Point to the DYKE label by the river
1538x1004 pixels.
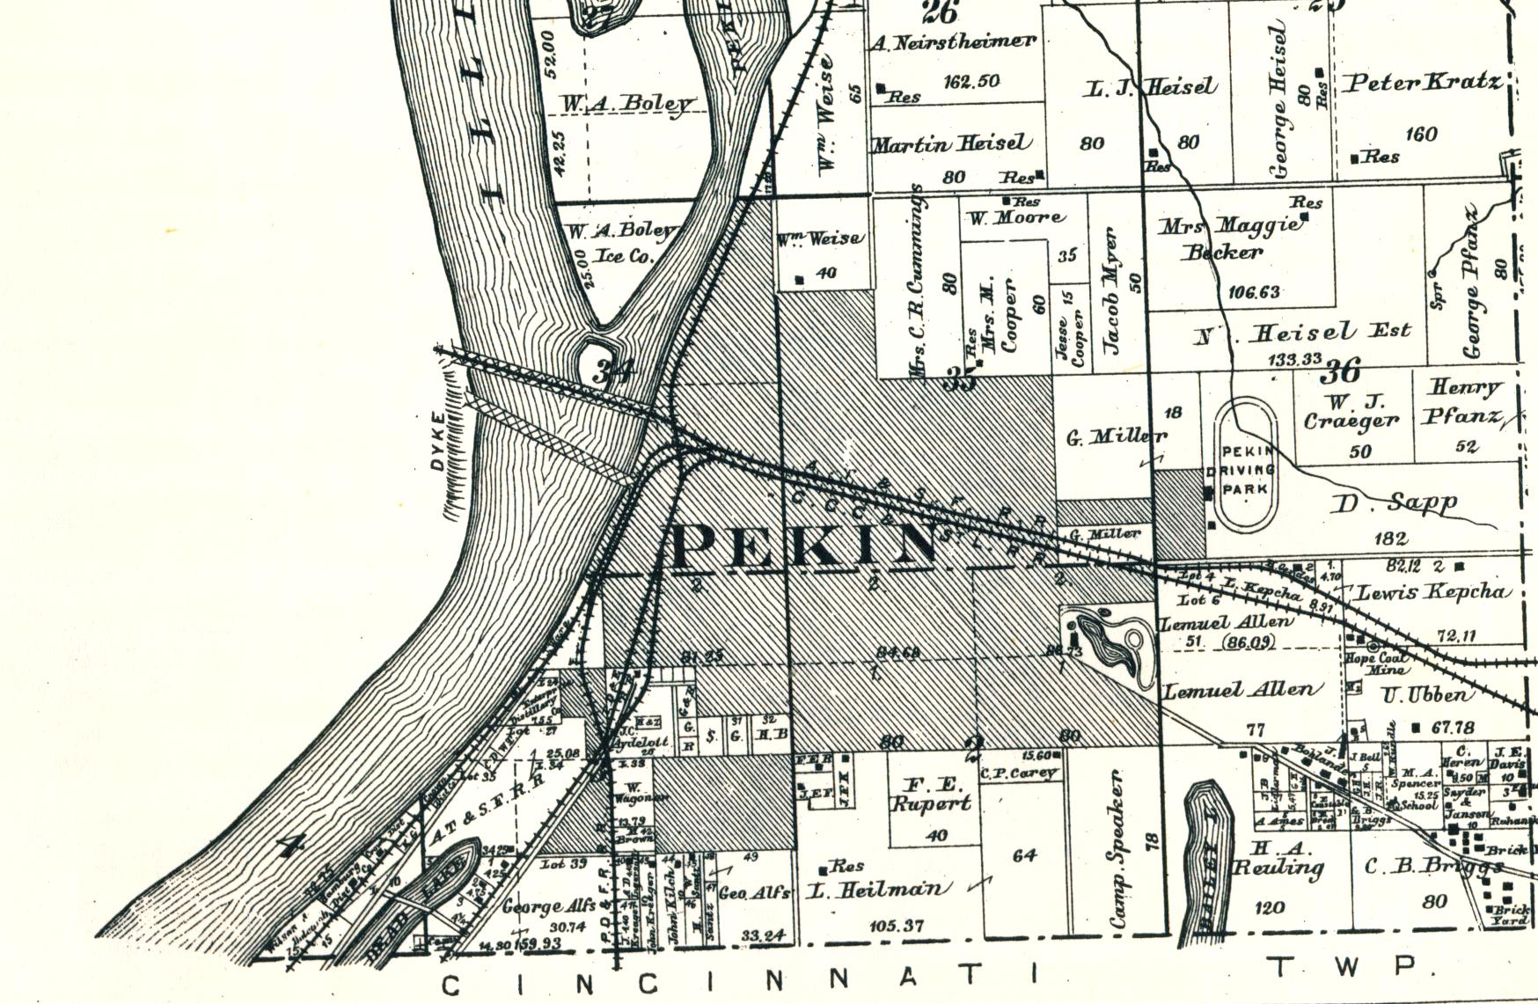pos(439,441)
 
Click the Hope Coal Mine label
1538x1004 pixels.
pos(1374,663)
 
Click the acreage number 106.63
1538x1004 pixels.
pos(1255,292)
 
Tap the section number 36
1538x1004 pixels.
pos(1341,370)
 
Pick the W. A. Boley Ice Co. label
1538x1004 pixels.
pos(623,244)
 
